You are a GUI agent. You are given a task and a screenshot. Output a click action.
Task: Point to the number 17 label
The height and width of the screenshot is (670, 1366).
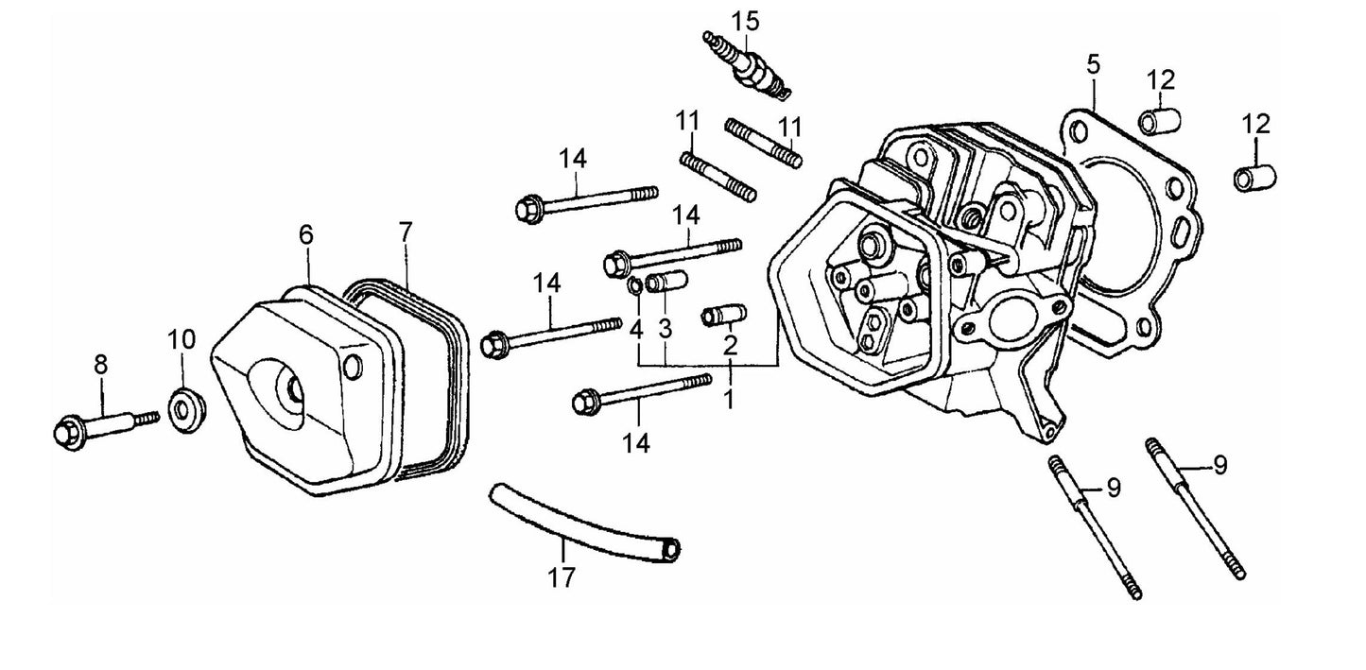562,577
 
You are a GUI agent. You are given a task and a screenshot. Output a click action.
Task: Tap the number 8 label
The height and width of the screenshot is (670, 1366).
100,364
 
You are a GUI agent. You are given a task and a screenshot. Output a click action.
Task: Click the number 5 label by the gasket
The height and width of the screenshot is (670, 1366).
1093,66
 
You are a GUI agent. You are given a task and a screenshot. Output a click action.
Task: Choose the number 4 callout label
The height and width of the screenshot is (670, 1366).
637,330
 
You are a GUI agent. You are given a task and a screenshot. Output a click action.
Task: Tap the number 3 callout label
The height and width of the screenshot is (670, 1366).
665,329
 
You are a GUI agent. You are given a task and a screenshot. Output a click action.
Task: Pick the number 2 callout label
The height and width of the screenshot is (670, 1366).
730,345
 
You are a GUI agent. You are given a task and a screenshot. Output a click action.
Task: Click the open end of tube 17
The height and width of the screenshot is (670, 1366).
670,548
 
